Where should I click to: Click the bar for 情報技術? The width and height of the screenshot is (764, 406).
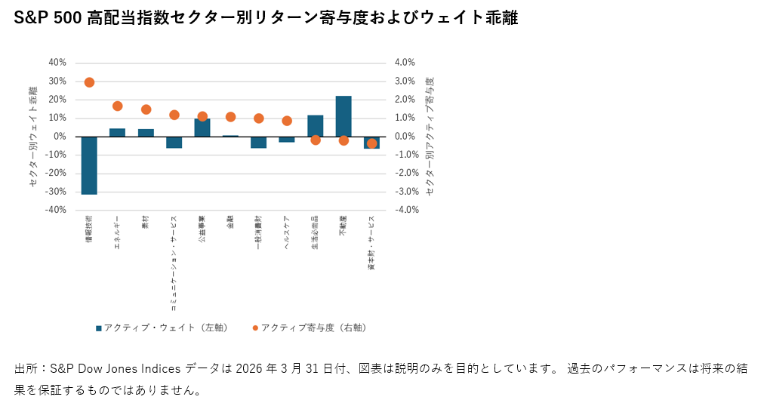(x=89, y=165)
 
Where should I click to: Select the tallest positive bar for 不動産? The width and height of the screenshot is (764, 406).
(x=343, y=116)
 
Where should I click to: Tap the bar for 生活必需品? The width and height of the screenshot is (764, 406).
(x=316, y=126)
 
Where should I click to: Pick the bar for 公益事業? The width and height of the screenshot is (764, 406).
(x=202, y=128)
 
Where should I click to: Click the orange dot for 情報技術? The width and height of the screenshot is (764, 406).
(x=89, y=82)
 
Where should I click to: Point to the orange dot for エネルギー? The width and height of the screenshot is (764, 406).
(x=118, y=106)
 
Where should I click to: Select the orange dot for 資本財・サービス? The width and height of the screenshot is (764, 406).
(x=371, y=143)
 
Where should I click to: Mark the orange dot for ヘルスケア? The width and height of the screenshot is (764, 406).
(x=287, y=121)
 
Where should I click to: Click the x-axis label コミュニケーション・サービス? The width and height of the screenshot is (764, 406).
(x=174, y=263)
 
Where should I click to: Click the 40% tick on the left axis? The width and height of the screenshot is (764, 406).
(x=57, y=63)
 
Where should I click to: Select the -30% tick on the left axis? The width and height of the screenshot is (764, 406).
(x=56, y=192)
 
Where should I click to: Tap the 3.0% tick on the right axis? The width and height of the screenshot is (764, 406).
(x=405, y=82)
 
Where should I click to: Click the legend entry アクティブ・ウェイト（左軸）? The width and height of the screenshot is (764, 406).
(x=162, y=328)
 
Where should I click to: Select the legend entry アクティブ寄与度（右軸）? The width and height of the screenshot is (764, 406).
(x=310, y=328)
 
